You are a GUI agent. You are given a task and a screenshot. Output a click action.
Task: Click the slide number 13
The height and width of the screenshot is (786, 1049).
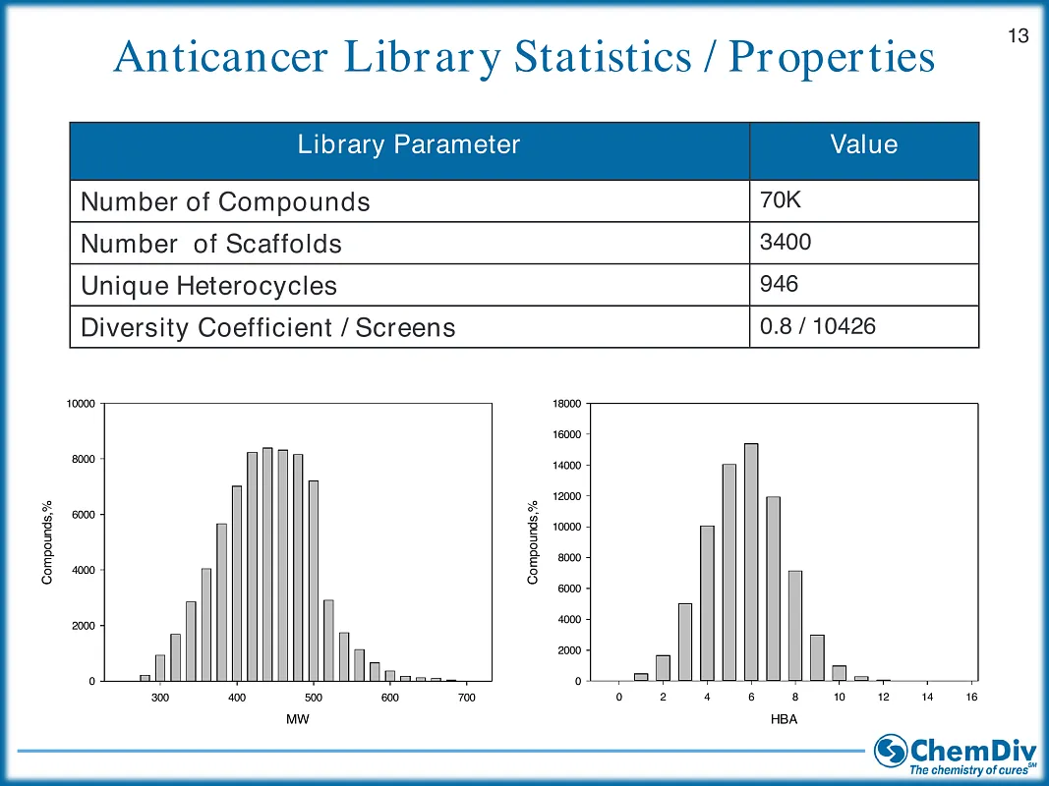point(1019,36)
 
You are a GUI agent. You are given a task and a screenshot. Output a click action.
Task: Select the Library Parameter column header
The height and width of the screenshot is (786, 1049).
point(408,145)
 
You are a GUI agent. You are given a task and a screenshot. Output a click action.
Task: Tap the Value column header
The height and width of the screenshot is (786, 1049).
point(863,145)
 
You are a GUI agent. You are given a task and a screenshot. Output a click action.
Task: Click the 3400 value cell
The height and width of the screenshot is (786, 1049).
point(786,242)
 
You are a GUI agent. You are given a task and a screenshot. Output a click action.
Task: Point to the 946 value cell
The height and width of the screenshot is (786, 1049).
point(779,285)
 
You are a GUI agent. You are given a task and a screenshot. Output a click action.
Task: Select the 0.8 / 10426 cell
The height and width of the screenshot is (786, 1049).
point(818,326)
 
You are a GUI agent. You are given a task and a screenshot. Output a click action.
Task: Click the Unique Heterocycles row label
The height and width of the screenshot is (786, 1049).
point(208,286)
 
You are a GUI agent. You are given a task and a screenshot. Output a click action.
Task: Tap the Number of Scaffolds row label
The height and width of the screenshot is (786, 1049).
point(211,244)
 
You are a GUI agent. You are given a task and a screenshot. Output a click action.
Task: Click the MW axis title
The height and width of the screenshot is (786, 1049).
point(298,720)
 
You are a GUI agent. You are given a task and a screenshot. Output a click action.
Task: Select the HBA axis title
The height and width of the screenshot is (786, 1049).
point(785,720)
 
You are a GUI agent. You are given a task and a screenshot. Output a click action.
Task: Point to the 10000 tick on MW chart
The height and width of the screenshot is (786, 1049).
point(80,404)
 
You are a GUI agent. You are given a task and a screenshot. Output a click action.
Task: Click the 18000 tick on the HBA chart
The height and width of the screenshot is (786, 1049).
point(566,404)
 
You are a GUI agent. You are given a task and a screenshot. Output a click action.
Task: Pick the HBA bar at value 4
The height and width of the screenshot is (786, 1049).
point(707,603)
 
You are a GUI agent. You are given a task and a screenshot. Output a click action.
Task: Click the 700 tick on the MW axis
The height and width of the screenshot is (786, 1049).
point(467,698)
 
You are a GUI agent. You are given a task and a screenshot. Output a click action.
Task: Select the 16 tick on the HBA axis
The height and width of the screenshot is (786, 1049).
point(971,698)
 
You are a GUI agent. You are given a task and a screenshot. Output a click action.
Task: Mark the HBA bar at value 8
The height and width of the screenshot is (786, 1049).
point(795,625)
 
